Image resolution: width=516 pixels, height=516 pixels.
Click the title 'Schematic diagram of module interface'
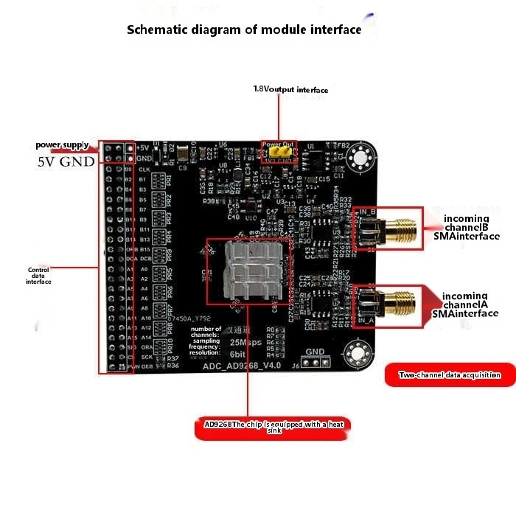click(244, 30)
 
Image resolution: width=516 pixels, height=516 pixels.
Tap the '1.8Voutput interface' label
click(290, 90)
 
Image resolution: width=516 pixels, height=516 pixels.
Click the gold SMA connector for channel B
click(399, 231)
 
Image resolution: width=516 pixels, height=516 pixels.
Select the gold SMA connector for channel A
click(399, 302)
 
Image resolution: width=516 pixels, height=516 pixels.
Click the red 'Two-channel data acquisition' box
click(450, 375)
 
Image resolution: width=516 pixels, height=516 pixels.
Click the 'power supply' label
click(63, 145)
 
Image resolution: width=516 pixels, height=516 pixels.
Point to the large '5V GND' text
click(66, 161)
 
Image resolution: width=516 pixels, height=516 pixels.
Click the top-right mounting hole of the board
click(360, 157)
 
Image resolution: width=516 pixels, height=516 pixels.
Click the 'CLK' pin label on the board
click(145, 169)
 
